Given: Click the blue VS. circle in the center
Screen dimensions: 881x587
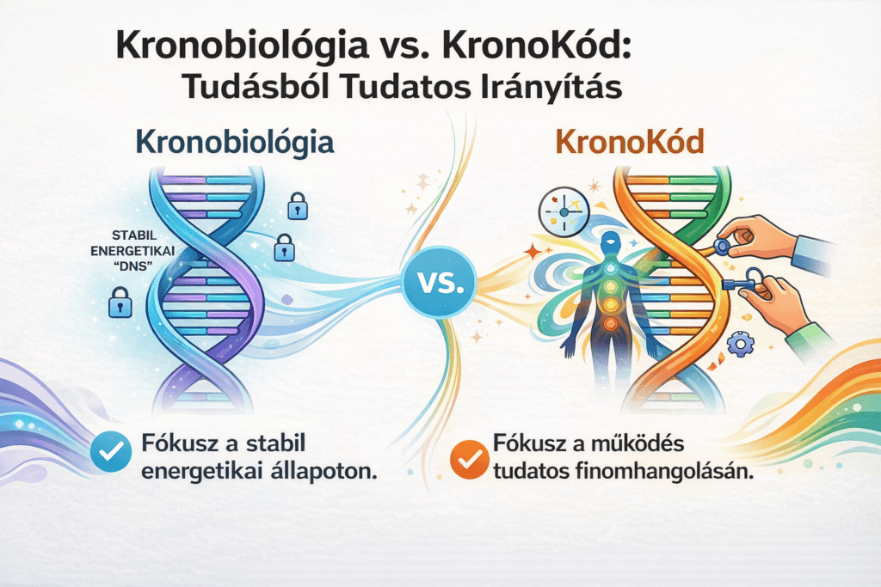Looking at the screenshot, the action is click(440, 282).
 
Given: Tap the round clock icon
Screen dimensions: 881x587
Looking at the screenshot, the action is click(564, 211).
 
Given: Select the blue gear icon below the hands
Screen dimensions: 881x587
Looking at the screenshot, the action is click(741, 344).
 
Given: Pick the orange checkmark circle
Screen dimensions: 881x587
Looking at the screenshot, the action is click(470, 460).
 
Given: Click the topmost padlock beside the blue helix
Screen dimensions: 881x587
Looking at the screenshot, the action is click(298, 206).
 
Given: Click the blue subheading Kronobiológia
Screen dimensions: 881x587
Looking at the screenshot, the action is click(235, 142).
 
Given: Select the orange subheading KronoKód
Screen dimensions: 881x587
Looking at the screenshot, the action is click(629, 142).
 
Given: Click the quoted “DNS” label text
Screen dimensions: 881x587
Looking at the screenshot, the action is click(133, 266).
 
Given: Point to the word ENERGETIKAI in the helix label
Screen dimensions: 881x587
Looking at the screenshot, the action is click(132, 251).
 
